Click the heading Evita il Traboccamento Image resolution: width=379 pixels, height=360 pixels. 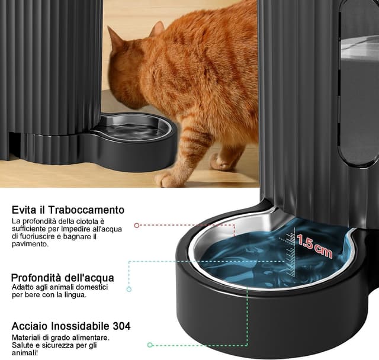coord(68,210)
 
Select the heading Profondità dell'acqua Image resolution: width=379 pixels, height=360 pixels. coord(62,278)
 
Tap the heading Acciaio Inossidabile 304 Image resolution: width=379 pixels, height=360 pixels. coord(71,326)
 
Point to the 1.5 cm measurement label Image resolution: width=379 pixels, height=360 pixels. coord(314,245)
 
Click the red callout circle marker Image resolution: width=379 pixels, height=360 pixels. coord(137,226)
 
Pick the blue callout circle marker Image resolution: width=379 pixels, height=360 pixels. coord(129,289)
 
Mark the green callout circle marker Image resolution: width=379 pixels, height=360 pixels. coord(150,344)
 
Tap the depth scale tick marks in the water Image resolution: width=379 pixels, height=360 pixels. coord(289,243)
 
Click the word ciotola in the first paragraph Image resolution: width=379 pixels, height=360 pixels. coord(83,221)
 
